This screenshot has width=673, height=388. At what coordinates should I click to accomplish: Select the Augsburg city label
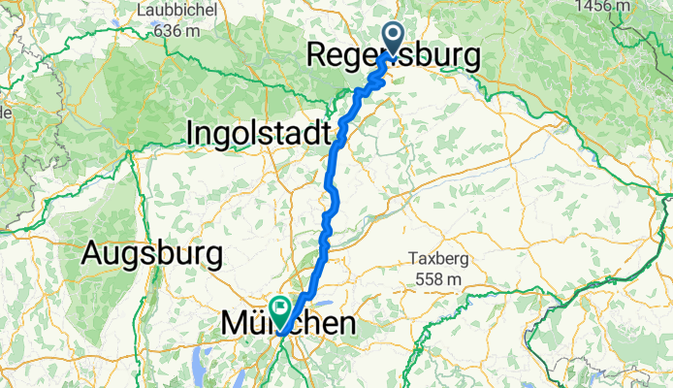152,255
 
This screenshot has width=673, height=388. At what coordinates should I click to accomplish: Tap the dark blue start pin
395,37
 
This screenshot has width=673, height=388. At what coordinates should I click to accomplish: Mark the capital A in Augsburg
93,254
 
